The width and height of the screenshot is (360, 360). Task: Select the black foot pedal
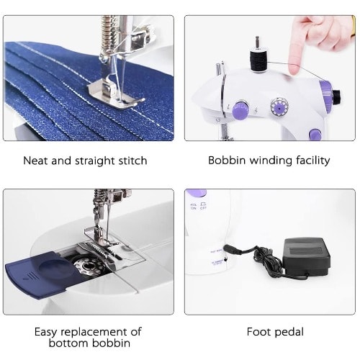tap(307, 257)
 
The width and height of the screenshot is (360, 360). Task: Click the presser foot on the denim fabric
tap(115, 91)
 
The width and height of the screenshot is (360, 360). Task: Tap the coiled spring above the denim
tap(107, 35)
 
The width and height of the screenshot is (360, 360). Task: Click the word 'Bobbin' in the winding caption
tap(227, 161)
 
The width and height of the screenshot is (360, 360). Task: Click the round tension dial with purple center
tap(279, 108)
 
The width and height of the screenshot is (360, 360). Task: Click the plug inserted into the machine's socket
tap(233, 249)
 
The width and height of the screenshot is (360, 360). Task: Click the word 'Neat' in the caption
tap(35, 161)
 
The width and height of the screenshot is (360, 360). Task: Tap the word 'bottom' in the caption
tap(68, 343)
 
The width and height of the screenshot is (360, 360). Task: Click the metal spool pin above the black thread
tap(257, 42)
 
